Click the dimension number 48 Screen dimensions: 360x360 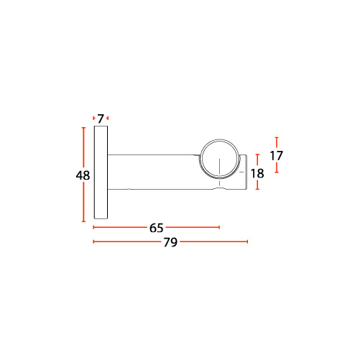83,175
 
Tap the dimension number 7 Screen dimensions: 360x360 101,119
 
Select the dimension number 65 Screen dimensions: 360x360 156,228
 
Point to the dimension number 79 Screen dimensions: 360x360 170,242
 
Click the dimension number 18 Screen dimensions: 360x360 257,173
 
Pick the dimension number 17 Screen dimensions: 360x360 277,156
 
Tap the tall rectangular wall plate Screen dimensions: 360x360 101,172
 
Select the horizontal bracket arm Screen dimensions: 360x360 153,172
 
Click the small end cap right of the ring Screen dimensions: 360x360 244,172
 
